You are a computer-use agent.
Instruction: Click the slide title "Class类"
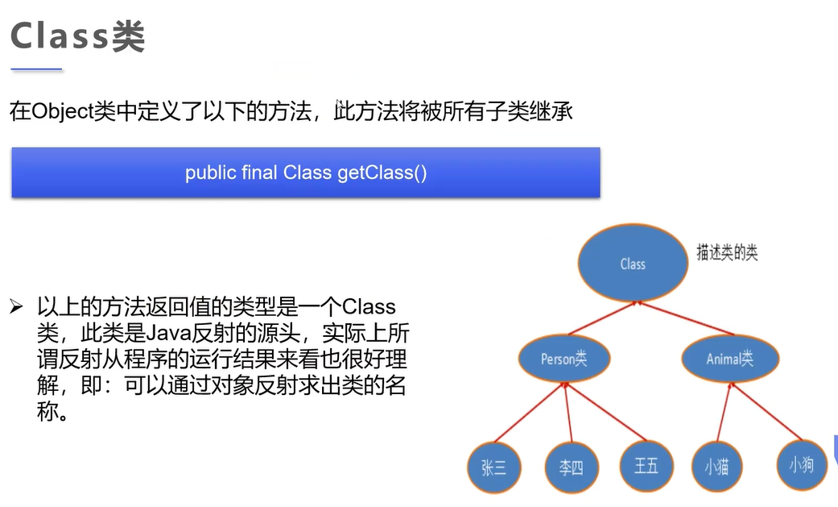(77, 36)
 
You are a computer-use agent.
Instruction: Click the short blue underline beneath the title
(36, 70)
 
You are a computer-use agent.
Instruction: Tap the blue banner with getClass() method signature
(305, 172)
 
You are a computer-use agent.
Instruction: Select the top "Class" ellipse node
(633, 264)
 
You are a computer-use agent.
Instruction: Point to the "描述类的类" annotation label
(727, 253)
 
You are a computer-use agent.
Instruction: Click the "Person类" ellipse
(563, 359)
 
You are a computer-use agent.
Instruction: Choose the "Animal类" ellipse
(729, 359)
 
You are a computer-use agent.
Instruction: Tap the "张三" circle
(493, 468)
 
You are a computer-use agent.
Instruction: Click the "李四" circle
(571, 468)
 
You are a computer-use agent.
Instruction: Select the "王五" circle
(646, 466)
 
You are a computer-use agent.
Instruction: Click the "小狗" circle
(801, 465)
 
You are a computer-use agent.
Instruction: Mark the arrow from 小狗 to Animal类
(765, 411)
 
